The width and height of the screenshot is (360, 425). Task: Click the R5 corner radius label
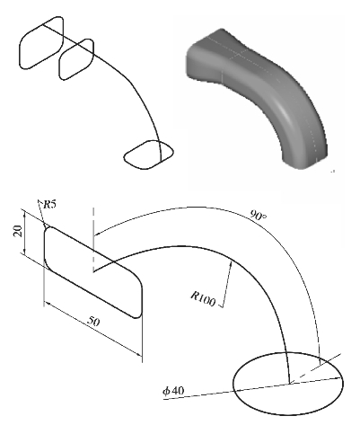(50, 205)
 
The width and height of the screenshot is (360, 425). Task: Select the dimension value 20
(18, 231)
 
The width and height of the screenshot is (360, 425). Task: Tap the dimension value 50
(93, 322)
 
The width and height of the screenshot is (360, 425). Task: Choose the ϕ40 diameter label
(173, 391)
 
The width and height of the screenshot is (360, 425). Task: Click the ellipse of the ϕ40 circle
(288, 352)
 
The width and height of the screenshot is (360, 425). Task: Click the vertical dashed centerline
(93, 240)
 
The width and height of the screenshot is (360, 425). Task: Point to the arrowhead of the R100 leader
(231, 264)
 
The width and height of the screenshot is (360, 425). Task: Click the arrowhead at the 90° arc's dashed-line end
(98, 233)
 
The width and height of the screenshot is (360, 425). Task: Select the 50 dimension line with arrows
(93, 329)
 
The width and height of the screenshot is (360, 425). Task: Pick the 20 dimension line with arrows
(24, 232)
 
